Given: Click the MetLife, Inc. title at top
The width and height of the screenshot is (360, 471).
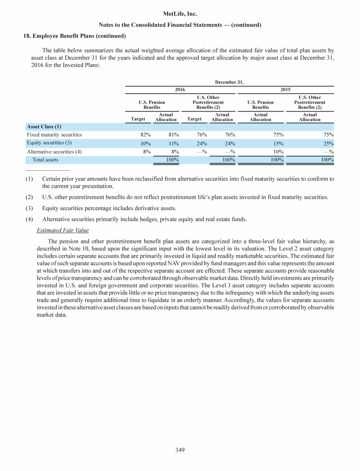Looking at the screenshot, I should pyautogui.click(x=180, y=15).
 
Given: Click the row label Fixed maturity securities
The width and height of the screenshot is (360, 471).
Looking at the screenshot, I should pyautogui.click(x=54, y=135).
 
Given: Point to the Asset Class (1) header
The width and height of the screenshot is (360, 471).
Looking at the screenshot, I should pyautogui.click(x=44, y=126).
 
